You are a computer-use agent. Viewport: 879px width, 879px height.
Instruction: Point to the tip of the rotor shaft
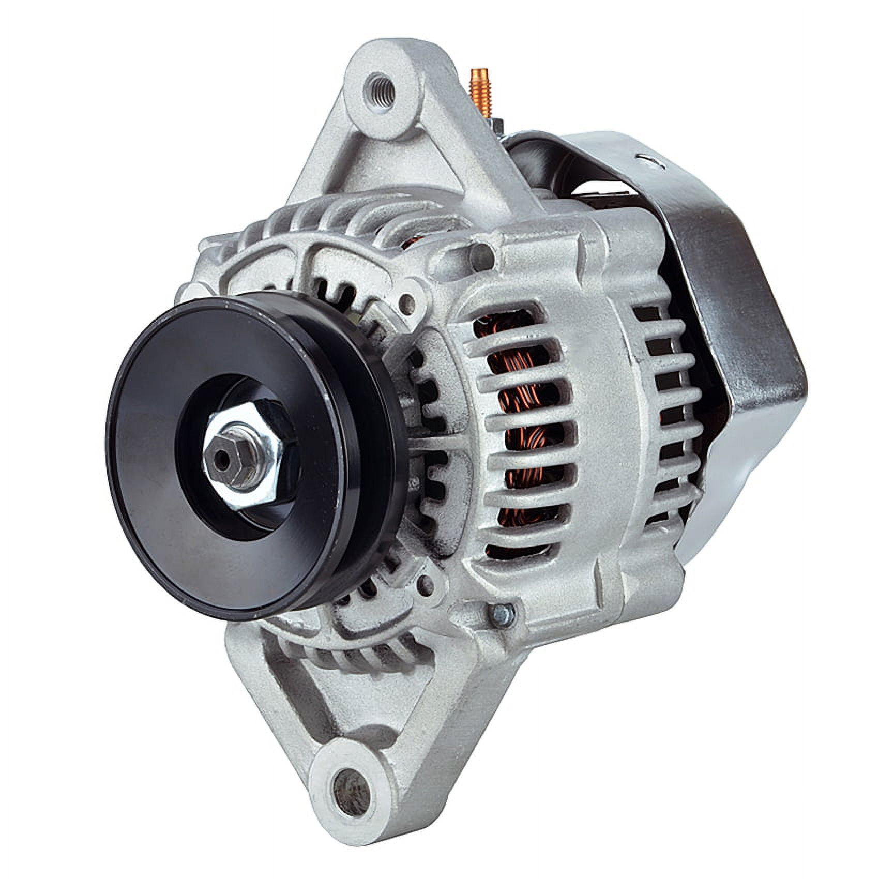[223, 458]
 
